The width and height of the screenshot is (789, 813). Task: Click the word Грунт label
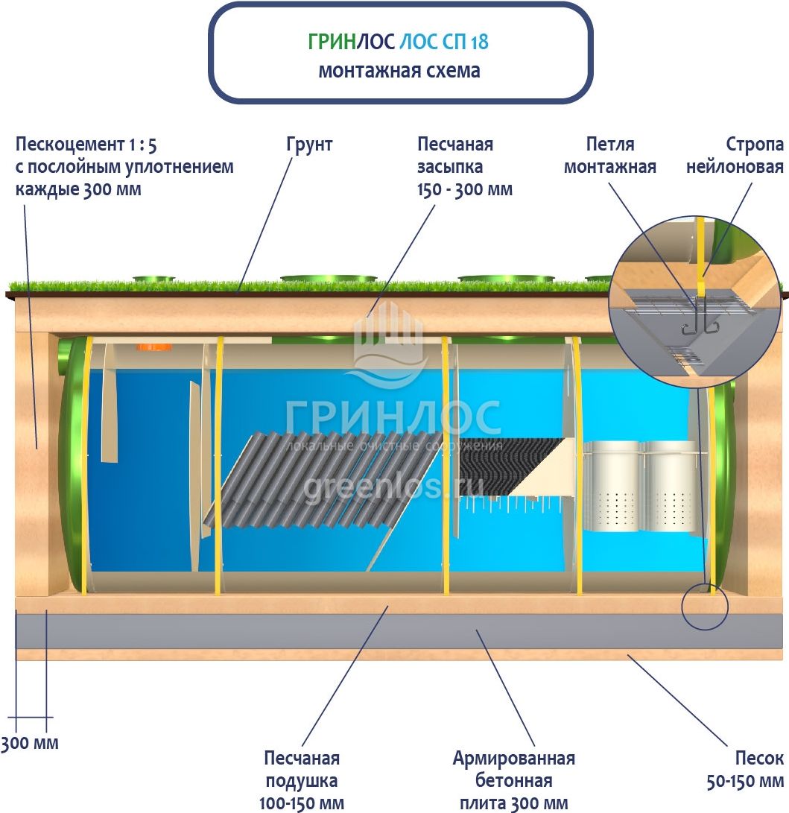pyautogui.click(x=309, y=144)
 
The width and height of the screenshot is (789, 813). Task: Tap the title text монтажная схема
pyautogui.click(x=399, y=72)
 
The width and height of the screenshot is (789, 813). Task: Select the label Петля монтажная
pyautogui.click(x=609, y=155)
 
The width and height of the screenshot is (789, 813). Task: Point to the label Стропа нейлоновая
pyautogui.click(x=735, y=155)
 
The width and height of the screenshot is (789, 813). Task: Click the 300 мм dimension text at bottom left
pyautogui.click(x=29, y=743)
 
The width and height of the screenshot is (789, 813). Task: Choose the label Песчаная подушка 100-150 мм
pyautogui.click(x=302, y=781)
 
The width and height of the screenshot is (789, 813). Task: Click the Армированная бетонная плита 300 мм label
pyautogui.click(x=514, y=781)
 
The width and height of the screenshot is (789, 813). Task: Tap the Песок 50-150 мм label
pyautogui.click(x=745, y=770)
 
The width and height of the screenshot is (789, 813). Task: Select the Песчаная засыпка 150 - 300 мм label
pyautogui.click(x=465, y=166)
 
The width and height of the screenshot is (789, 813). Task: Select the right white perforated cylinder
pyautogui.click(x=673, y=487)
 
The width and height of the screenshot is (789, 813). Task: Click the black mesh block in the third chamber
pyautogui.click(x=507, y=467)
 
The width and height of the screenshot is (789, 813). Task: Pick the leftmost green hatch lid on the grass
pyautogui.click(x=154, y=279)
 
